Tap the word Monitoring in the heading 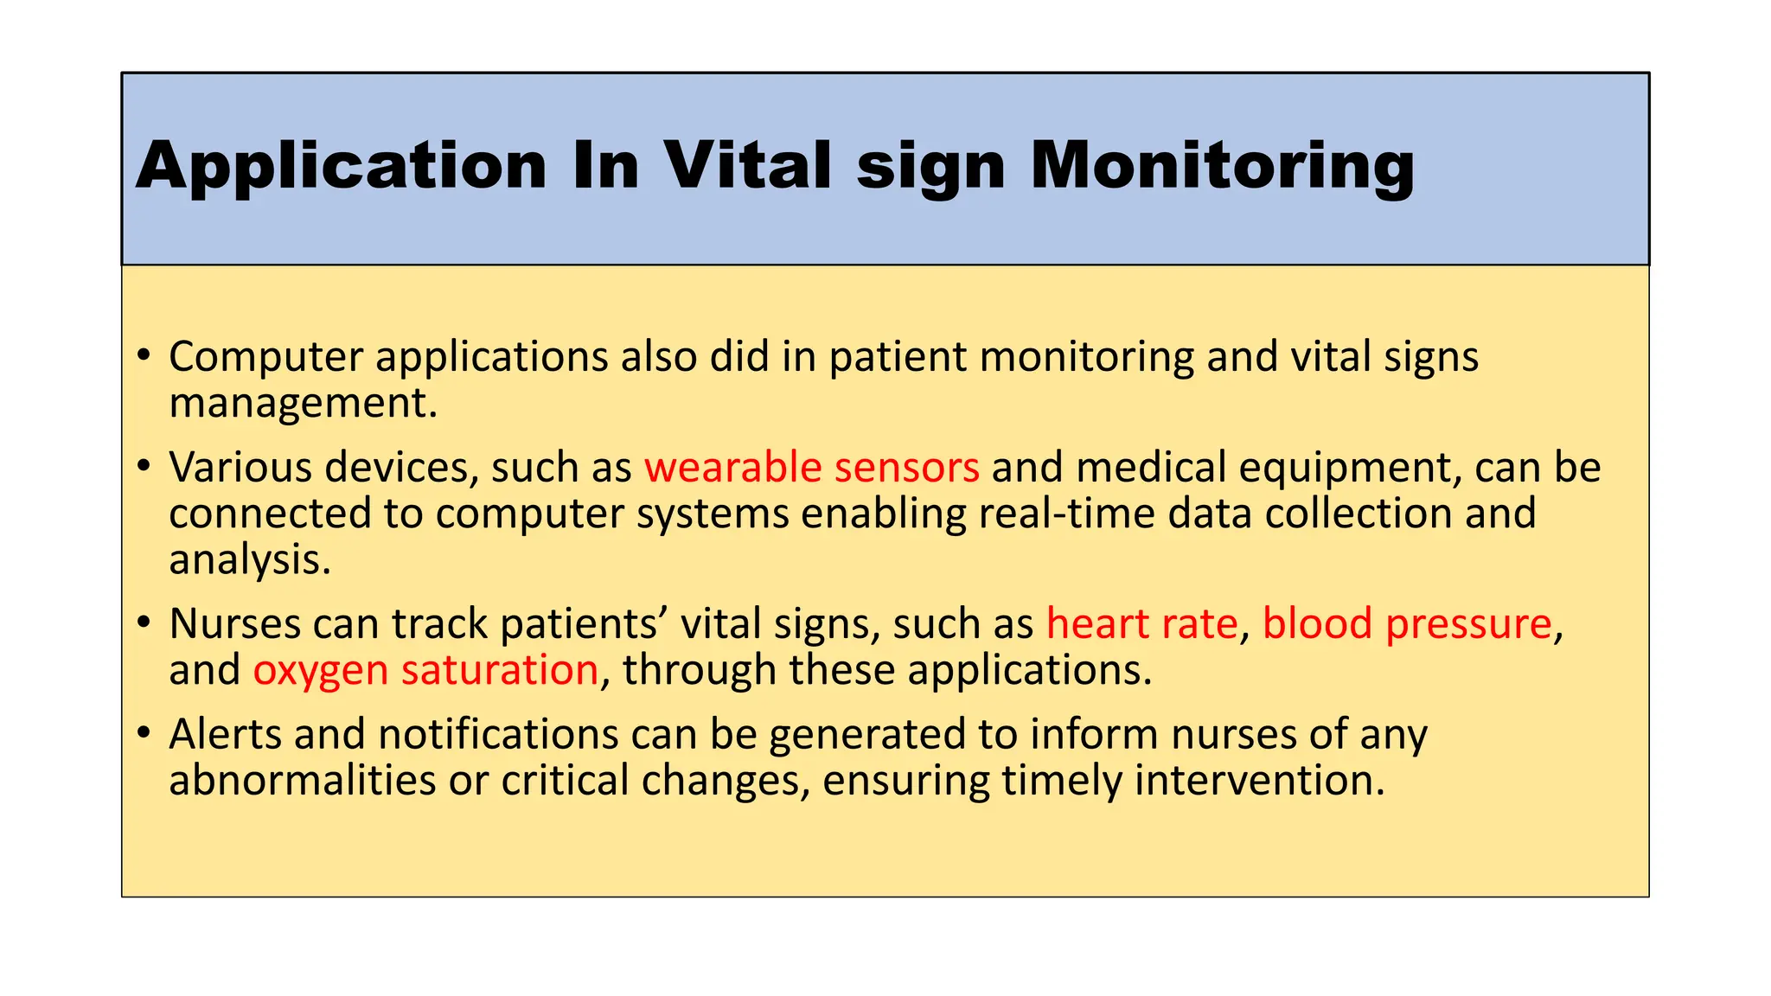coord(1222,166)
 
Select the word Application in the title coord(342,166)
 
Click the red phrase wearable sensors coord(811,467)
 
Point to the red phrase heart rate coord(1141,623)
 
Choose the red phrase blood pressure coord(1407,623)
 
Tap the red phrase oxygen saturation coord(425,670)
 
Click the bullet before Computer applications coord(144,355)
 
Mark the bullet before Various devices coord(144,466)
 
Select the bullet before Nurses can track coord(144,622)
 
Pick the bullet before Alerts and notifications coord(144,733)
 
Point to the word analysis coord(249,559)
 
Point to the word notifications coord(498,734)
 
